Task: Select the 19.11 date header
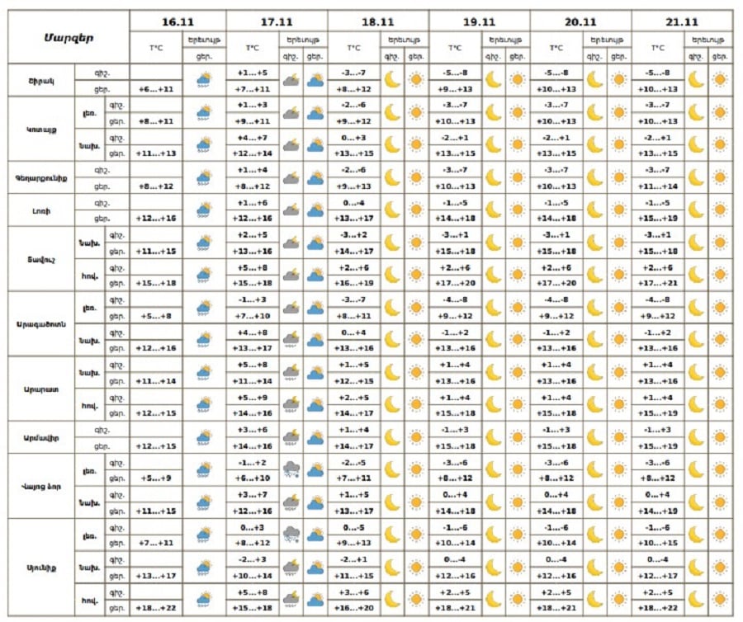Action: pyautogui.click(x=479, y=21)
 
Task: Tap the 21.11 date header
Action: pyautogui.click(x=680, y=21)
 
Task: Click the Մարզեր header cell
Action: pyautogui.click(x=68, y=37)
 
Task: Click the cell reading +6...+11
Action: pyautogui.click(x=155, y=89)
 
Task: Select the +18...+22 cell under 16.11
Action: pyautogui.click(x=155, y=609)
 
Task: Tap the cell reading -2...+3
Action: pyautogui.click(x=253, y=560)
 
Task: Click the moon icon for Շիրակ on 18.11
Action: pyautogui.click(x=392, y=80)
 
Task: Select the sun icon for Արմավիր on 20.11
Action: pyautogui.click(x=618, y=437)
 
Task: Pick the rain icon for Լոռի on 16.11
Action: pyautogui.click(x=203, y=210)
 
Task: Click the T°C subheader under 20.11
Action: pyautogui.click(x=556, y=48)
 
